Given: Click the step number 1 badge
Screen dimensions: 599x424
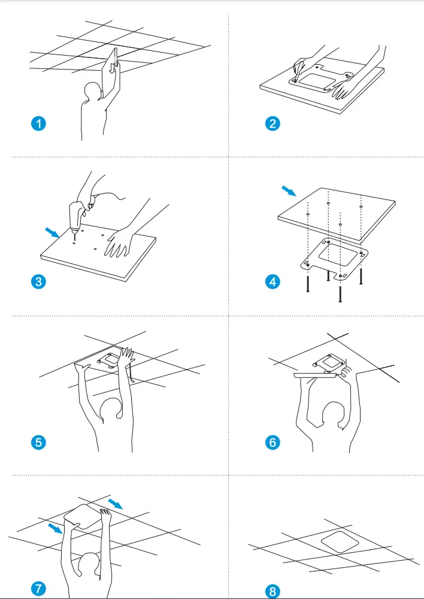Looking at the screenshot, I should coord(38,124).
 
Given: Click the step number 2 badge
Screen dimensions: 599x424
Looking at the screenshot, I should coord(272,124).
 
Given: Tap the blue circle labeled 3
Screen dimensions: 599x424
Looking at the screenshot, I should coord(38,282).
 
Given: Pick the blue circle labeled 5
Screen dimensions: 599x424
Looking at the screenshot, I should coord(38,443).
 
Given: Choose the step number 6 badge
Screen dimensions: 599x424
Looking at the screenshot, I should coord(272,443).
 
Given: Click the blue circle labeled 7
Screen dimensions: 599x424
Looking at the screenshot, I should coord(38,588).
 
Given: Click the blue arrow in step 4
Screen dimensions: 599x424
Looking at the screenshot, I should coord(289,191).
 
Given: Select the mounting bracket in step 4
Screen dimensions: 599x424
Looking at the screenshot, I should coord(332,258).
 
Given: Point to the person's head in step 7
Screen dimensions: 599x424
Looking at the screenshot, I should coord(90,565).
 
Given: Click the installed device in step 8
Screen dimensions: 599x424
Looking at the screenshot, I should coord(340,544).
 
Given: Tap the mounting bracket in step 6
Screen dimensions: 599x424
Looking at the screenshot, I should coord(328,363).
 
